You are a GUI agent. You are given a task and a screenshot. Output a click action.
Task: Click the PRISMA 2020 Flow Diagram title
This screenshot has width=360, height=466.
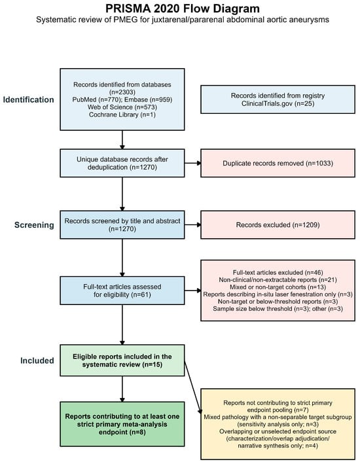(x=183, y=9)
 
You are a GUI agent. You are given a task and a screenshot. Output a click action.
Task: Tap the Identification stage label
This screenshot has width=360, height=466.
(x=29, y=99)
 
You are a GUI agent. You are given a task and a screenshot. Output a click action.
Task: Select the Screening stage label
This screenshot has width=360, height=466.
(x=34, y=225)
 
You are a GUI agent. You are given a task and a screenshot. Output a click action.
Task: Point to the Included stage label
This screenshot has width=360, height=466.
(x=37, y=361)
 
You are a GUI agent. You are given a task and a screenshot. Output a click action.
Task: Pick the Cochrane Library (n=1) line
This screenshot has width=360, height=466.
(x=122, y=115)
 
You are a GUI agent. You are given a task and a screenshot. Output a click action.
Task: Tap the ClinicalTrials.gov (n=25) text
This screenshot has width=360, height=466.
(x=278, y=103)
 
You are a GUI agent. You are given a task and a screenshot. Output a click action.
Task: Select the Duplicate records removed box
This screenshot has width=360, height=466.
(x=278, y=163)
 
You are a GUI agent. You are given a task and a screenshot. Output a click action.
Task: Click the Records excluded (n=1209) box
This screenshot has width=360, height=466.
(x=278, y=225)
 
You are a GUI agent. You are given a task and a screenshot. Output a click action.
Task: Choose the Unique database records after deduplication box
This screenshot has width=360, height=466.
(x=122, y=163)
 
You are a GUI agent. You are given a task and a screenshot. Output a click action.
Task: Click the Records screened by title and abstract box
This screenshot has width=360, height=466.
(x=122, y=225)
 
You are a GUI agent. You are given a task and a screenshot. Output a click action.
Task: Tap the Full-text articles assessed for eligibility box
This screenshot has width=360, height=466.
(x=122, y=291)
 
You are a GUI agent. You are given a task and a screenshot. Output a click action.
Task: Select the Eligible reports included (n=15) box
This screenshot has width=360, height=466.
(x=122, y=361)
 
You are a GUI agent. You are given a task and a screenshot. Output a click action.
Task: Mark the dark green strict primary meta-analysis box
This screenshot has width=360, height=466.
(x=122, y=424)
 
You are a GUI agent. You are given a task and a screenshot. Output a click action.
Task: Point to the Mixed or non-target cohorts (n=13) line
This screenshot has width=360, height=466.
(x=278, y=287)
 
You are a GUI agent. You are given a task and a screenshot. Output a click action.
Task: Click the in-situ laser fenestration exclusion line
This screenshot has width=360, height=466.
(x=278, y=295)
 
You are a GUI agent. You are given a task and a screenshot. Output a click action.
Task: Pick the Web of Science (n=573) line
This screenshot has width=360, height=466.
(x=122, y=107)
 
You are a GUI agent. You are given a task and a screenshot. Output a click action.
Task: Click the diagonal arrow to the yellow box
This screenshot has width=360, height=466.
(x=193, y=387)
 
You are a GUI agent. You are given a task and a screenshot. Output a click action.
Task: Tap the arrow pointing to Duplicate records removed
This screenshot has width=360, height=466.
(x=192, y=163)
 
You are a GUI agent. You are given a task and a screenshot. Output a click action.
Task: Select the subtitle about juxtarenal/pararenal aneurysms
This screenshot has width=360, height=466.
(x=183, y=20)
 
